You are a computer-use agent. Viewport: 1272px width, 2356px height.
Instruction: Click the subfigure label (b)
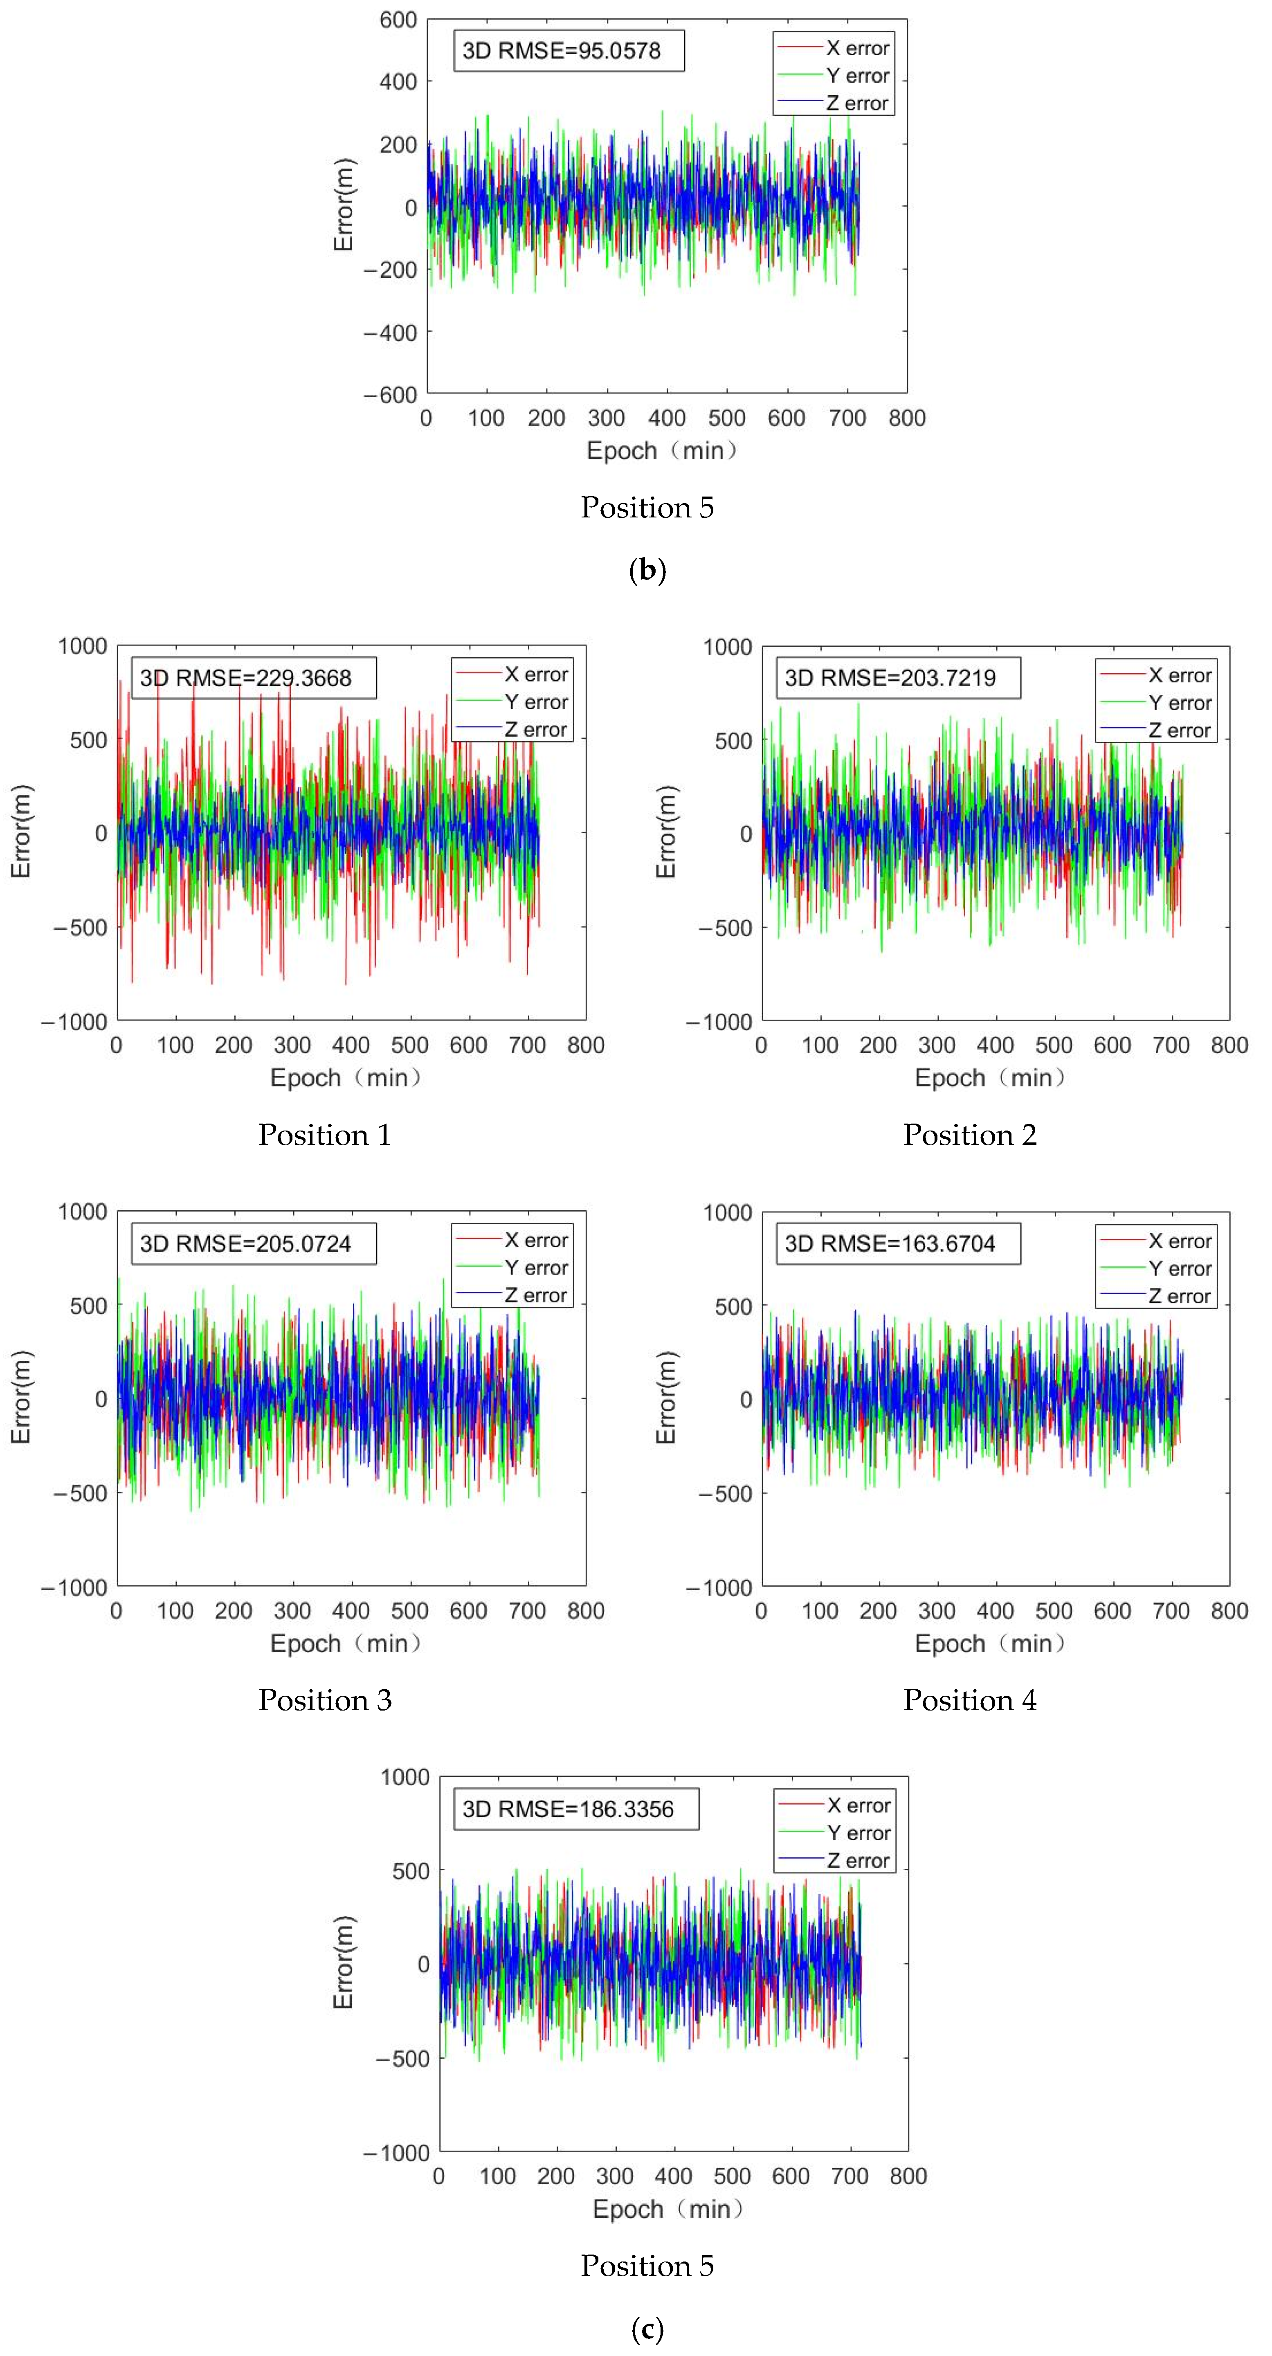[x=647, y=571]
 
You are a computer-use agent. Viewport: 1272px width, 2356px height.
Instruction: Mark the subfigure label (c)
[x=647, y=2328]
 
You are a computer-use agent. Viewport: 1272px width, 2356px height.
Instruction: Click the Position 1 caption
[x=325, y=1135]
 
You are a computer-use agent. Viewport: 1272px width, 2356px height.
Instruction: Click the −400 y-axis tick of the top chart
[x=391, y=333]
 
